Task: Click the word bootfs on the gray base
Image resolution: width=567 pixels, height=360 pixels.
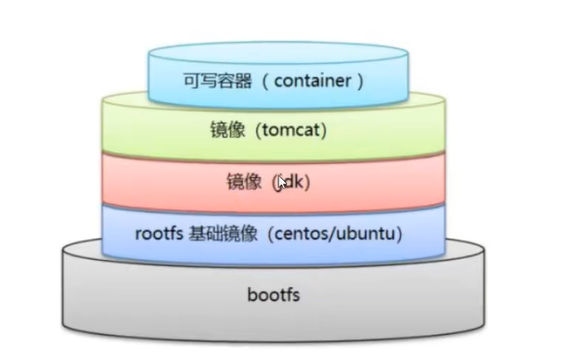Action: point(276,297)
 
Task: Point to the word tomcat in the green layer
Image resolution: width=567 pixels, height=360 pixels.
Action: point(290,132)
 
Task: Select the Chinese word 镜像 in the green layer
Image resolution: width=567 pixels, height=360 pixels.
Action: point(240,132)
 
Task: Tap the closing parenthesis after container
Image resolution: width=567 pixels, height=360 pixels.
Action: point(358,81)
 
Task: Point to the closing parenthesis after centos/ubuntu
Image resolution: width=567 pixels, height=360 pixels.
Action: point(400,233)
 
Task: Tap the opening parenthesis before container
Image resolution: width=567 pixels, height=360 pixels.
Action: point(263,81)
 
